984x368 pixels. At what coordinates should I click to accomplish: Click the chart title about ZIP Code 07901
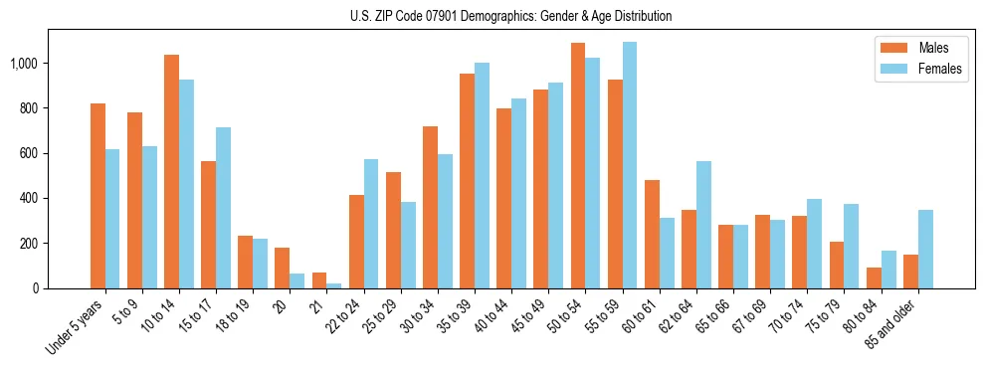pyautogui.click(x=510, y=16)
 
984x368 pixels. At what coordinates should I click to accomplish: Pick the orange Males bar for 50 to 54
pyautogui.click(x=578, y=165)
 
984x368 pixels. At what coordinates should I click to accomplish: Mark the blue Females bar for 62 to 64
pyautogui.click(x=703, y=225)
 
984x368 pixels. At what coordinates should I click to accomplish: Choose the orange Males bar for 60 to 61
pyautogui.click(x=652, y=234)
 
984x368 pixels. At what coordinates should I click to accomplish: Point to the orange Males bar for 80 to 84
pyautogui.click(x=874, y=277)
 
